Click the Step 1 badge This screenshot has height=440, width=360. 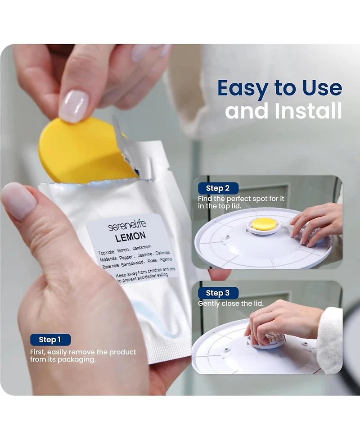coord(50,340)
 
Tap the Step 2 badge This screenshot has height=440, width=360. coord(218,188)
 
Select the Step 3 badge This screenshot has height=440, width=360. coord(218,293)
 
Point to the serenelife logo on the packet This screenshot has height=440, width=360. coord(127,225)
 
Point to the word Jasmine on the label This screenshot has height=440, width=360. coord(144,255)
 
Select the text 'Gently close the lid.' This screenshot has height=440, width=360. coord(231,304)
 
